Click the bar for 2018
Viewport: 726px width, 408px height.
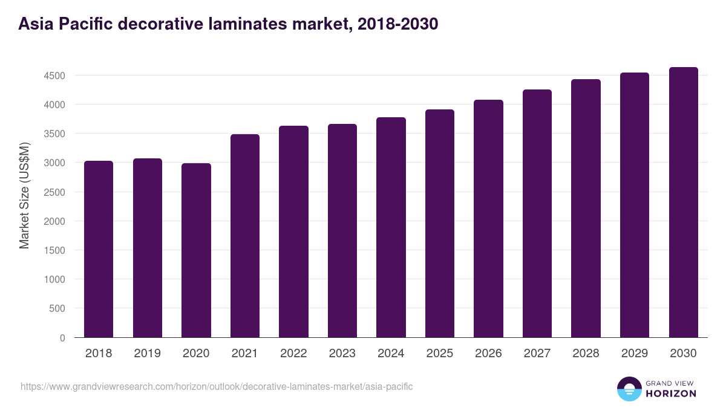[x=99, y=249]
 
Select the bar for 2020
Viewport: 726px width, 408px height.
[x=196, y=250]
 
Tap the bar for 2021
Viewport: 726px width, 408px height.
[x=245, y=236]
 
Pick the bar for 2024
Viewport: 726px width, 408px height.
[x=391, y=227]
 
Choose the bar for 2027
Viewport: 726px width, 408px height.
[x=537, y=213]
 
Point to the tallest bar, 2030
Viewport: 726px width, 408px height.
[x=683, y=202]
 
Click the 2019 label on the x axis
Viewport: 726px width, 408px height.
[x=147, y=354]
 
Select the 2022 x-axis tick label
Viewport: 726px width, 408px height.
[x=293, y=354]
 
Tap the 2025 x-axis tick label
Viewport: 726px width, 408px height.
[x=440, y=354]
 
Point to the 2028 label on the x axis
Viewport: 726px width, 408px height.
[x=586, y=354]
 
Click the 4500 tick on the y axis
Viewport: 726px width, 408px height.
[x=54, y=76]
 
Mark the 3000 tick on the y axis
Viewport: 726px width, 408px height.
[x=54, y=163]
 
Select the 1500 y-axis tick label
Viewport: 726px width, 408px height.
[x=54, y=250]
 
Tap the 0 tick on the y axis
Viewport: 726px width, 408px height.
[x=62, y=337]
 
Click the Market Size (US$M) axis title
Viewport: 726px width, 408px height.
[x=24, y=195]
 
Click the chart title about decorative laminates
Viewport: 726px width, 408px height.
[x=228, y=24]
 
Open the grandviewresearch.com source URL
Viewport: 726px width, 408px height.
[x=217, y=386]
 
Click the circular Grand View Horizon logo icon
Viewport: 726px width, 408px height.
[x=629, y=389]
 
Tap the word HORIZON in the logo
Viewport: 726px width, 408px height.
[x=671, y=393]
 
